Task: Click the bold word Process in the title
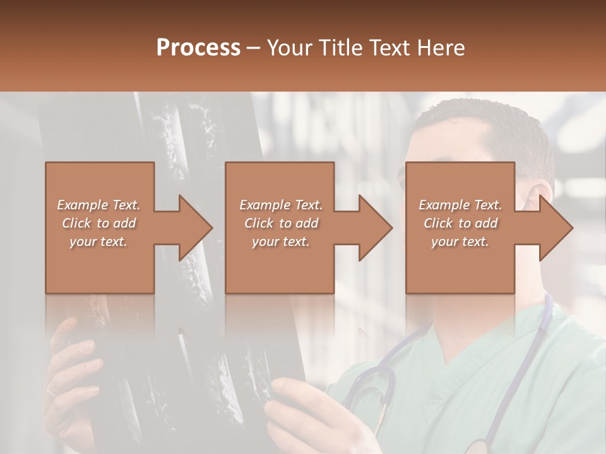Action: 198,48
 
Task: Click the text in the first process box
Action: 98,223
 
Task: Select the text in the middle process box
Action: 280,223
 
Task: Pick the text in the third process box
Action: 460,223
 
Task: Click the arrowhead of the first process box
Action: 196,228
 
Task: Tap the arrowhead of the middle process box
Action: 376,228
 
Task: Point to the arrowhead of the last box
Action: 556,228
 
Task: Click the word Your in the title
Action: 289,48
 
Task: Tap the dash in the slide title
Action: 254,48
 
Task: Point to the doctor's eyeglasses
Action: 404,180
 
